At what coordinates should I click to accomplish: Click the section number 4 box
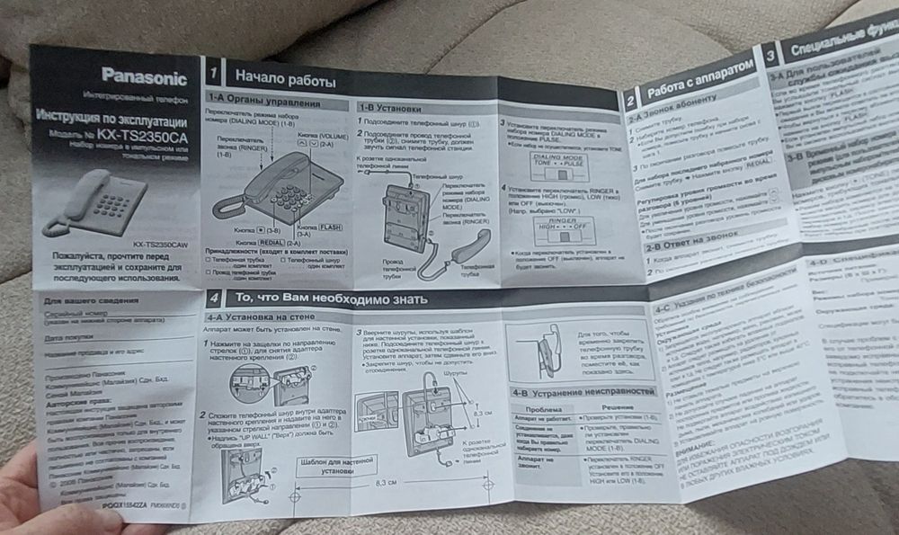[214, 299]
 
